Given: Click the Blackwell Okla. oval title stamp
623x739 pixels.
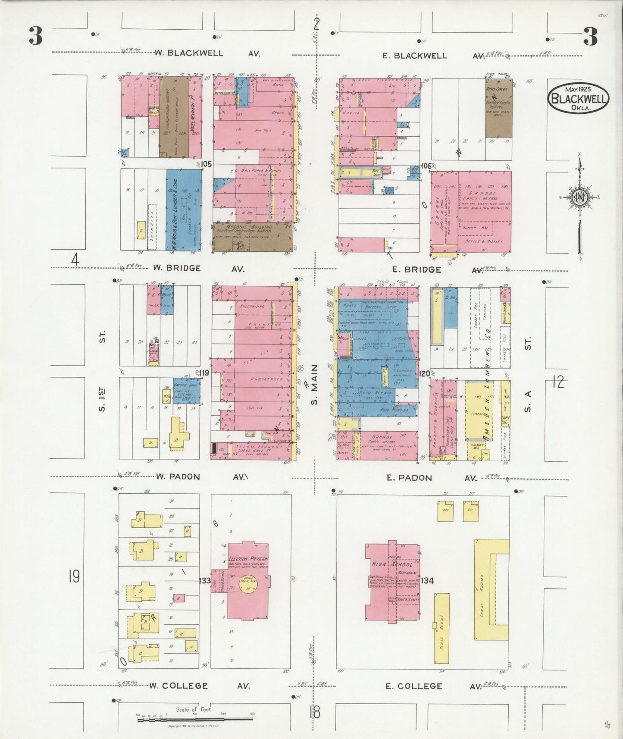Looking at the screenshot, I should click(578, 98).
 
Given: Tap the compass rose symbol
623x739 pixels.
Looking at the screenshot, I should click(580, 197).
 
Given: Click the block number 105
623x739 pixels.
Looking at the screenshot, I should click(207, 164).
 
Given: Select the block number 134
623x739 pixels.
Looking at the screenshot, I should click(427, 581).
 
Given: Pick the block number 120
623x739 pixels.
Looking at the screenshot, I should click(424, 374).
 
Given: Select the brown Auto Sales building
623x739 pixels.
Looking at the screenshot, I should click(498, 108).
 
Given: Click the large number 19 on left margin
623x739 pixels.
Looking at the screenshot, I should click(74, 576).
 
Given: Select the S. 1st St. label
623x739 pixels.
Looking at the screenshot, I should click(102, 371).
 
